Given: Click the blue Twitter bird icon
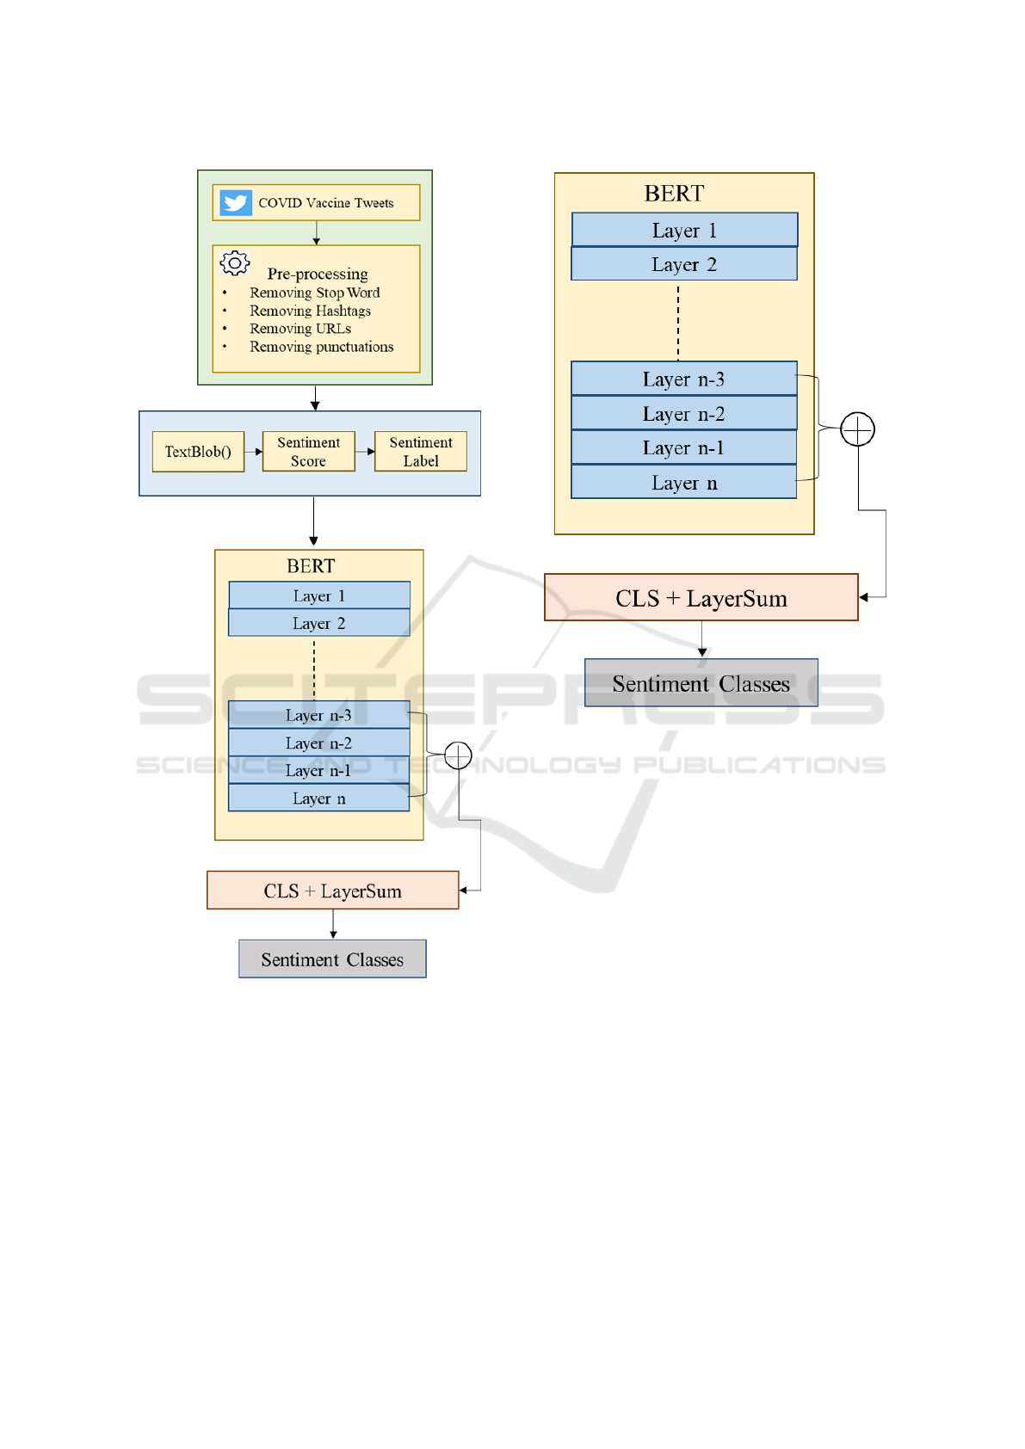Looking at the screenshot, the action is (236, 202).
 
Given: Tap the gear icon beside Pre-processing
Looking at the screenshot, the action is (235, 263).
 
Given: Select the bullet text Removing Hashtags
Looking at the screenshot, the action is (310, 311).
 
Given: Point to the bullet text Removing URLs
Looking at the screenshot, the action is (300, 329).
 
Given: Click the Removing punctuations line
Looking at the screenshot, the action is (322, 347).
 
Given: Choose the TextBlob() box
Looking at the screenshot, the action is (198, 452).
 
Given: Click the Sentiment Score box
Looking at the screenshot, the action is (309, 452).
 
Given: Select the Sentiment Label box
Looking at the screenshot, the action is (421, 452).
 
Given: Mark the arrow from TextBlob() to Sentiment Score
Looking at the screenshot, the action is (254, 452).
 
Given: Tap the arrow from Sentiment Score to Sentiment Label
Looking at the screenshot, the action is (365, 452).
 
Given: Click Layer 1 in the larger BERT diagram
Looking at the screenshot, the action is (685, 230).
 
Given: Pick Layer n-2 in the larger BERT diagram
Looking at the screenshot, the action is (684, 413).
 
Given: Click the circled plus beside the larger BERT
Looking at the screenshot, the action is (857, 429).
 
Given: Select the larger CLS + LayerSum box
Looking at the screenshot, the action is (701, 597).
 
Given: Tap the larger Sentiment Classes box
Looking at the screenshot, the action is (701, 683).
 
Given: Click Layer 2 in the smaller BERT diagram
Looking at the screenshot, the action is (319, 623).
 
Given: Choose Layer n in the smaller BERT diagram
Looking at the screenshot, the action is (319, 798).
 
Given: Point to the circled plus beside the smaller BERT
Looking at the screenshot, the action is (458, 755).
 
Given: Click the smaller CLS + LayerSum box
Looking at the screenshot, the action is (332, 890).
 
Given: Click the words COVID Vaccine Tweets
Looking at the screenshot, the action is (326, 203).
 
